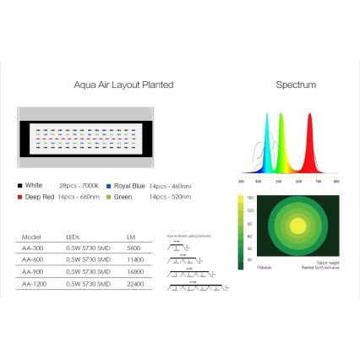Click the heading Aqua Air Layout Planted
pyautogui.click(x=124, y=85)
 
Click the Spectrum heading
pyautogui.click(x=295, y=85)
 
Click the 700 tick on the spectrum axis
pyautogui.click(x=319, y=182)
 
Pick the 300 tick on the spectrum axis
pyautogui.click(x=242, y=182)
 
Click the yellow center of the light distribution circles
pyautogui.click(x=297, y=226)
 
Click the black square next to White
pyautogui.click(x=19, y=184)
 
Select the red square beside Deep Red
pyautogui.click(x=19, y=196)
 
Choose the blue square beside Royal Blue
pyautogui.click(x=110, y=184)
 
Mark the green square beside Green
pyautogui.click(x=110, y=196)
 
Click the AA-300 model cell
pyautogui.click(x=31, y=248)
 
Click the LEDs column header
pyautogui.click(x=73, y=237)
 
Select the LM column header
pyautogui.click(x=131, y=237)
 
